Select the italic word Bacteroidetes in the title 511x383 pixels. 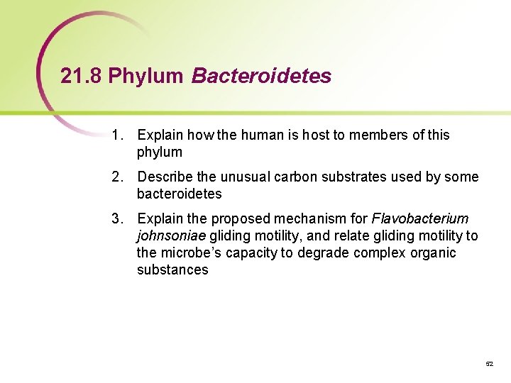point(261,77)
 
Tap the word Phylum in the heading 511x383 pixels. point(146,77)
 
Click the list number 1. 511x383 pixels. point(116,135)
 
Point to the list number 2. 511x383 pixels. point(116,177)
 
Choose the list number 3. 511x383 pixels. point(116,218)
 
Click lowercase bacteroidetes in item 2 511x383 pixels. point(179,194)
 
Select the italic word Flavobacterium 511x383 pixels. point(419,218)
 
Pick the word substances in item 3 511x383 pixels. point(172,270)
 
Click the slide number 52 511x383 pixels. point(489,363)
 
